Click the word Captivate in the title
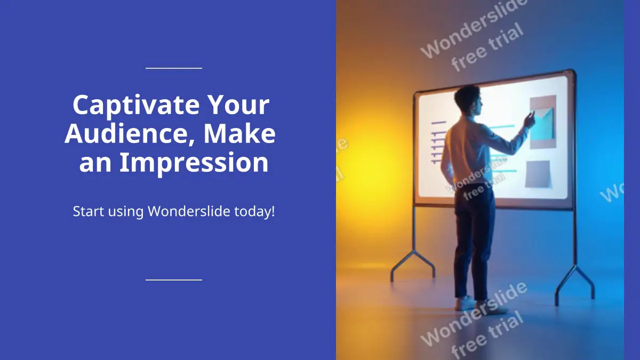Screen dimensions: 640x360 (x=136, y=106)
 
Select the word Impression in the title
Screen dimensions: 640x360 (x=194, y=163)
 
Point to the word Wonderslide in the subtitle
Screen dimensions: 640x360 (x=189, y=211)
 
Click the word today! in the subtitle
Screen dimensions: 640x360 (x=254, y=211)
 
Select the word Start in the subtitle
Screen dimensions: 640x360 (x=89, y=211)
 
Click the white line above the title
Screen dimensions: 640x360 (x=174, y=68)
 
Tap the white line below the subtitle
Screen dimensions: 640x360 (x=174, y=280)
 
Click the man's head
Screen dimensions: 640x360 (x=468, y=100)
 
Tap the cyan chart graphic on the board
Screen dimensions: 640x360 (x=542, y=123)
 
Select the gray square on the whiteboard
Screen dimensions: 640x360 (x=538, y=174)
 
